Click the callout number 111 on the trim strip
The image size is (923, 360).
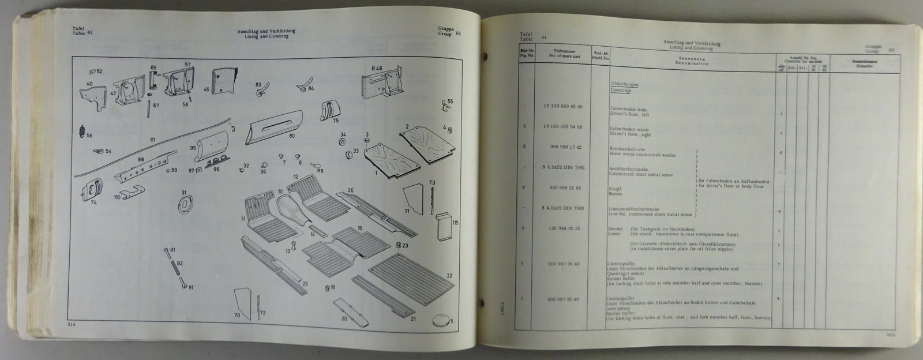152,140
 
